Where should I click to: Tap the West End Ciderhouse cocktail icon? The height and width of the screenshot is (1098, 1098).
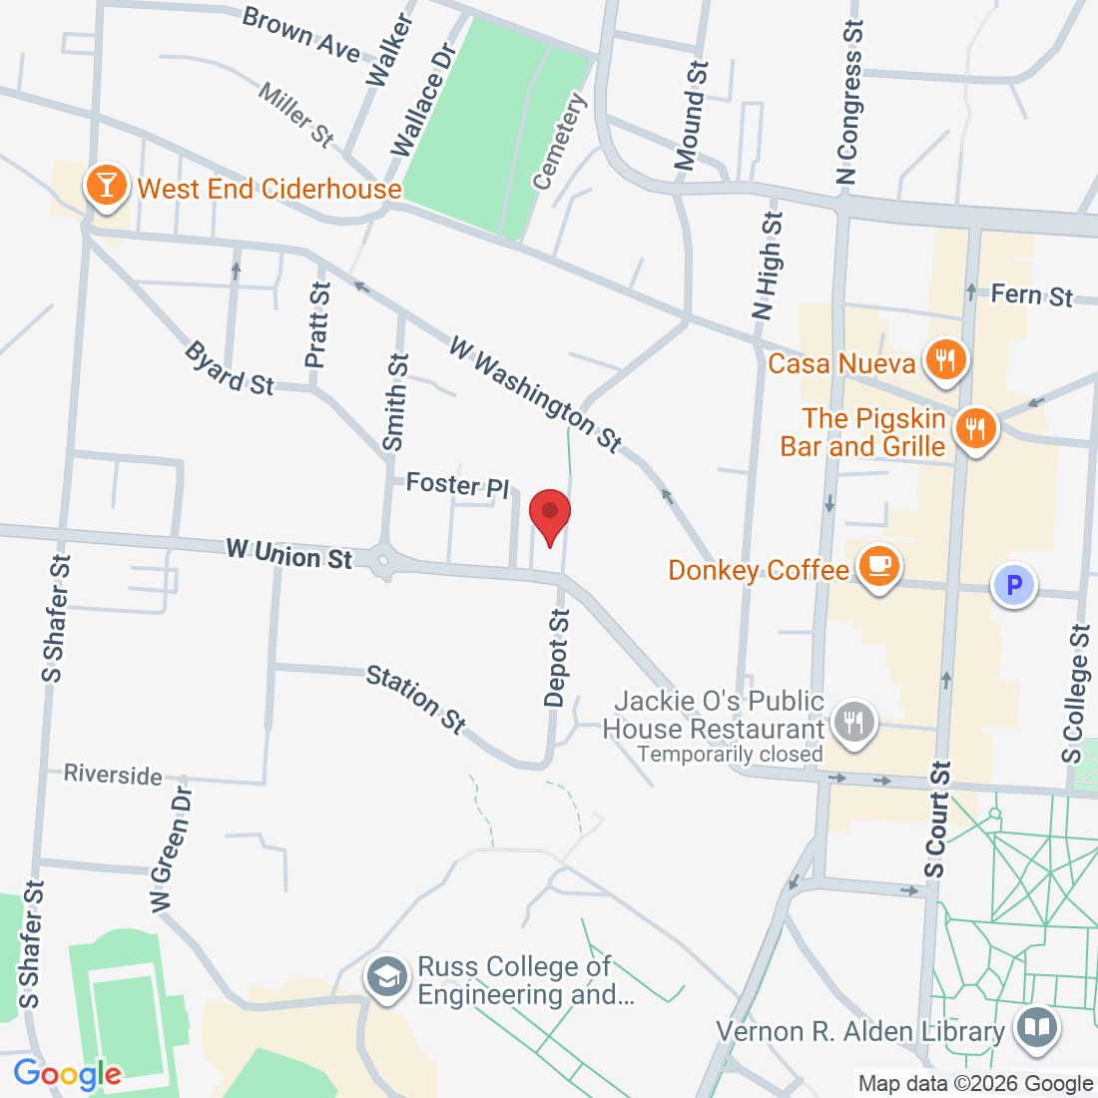click(106, 185)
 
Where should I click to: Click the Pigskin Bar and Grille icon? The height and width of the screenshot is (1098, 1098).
click(974, 429)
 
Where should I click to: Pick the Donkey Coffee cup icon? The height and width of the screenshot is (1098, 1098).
click(878, 566)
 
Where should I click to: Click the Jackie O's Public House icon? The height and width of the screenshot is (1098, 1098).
click(853, 720)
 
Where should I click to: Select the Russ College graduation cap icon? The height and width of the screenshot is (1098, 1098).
click(385, 976)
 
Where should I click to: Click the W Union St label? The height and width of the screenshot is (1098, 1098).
click(288, 554)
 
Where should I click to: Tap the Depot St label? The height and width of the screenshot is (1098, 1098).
click(557, 658)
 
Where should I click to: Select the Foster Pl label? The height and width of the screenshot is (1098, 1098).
click(457, 485)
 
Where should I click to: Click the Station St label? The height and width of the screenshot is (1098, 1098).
click(416, 699)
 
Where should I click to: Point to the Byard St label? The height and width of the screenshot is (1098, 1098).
click(230, 368)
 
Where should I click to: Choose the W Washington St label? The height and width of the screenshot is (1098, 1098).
click(536, 393)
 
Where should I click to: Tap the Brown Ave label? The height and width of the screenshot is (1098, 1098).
click(300, 33)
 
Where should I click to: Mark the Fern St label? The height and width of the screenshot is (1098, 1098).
click(1031, 294)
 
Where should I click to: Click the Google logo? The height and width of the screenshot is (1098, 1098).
click(67, 1074)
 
